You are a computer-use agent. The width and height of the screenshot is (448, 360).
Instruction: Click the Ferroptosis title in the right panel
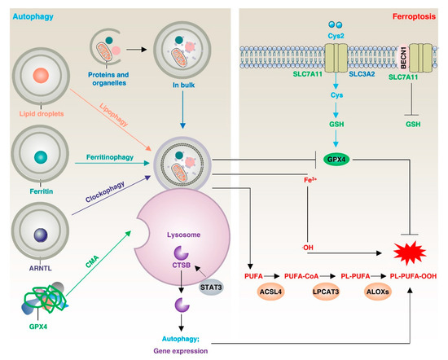click(410, 14)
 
